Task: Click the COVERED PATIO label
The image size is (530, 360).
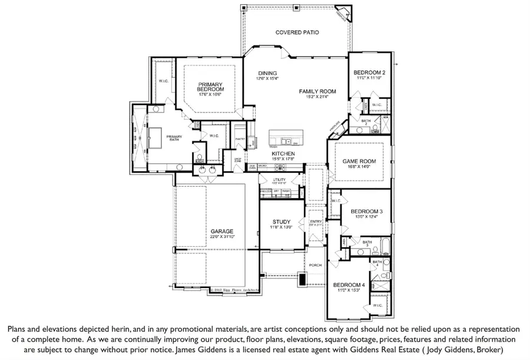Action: click(x=297, y=32)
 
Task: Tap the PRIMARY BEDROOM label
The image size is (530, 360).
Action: click(x=211, y=86)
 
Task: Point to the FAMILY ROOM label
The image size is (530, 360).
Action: click(x=317, y=91)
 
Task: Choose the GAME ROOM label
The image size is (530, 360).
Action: click(x=359, y=161)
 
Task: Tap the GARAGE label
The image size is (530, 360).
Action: click(x=223, y=231)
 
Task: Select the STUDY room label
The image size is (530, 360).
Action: click(x=281, y=222)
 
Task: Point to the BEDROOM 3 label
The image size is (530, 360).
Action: click(x=366, y=212)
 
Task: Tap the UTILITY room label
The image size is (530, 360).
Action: click(x=279, y=179)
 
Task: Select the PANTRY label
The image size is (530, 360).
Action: click(x=239, y=139)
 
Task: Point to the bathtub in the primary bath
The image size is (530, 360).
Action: click(x=156, y=139)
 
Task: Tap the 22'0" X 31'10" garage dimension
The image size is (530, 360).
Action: click(x=223, y=237)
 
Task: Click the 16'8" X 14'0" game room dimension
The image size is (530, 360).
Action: click(x=359, y=167)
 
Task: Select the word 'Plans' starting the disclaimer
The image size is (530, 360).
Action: click(x=18, y=328)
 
